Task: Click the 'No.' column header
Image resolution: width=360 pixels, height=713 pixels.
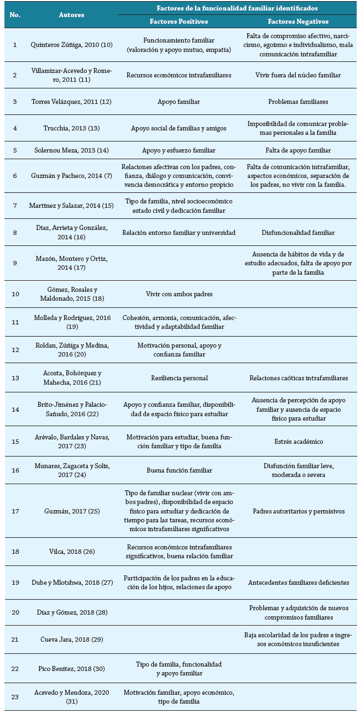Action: pyautogui.click(x=15, y=15)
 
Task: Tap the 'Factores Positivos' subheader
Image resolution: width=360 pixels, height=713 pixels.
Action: pyautogui.click(x=179, y=21)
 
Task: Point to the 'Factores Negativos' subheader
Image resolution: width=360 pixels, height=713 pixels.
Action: pyautogui.click(x=298, y=21)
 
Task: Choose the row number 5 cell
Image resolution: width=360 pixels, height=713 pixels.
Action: pyautogui.click(x=15, y=150)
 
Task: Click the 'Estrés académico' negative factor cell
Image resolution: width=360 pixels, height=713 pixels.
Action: pyautogui.click(x=298, y=442)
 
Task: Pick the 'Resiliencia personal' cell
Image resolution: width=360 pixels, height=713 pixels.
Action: pyautogui.click(x=179, y=378)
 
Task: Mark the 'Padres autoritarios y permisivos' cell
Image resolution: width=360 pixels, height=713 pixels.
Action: pyautogui.click(x=298, y=511)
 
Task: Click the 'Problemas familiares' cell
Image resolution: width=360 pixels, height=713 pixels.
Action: pyautogui.click(x=298, y=102)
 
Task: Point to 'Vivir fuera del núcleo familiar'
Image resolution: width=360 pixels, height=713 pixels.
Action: pyautogui.click(x=298, y=75)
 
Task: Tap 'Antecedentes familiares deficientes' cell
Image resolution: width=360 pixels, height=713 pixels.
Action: pyautogui.click(x=298, y=583)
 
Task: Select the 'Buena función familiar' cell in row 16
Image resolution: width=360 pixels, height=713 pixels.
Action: pyautogui.click(x=179, y=470)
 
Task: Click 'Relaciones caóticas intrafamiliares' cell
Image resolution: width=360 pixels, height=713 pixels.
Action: pyautogui.click(x=298, y=378)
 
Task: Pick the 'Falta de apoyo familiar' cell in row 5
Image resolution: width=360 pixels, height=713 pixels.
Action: pyautogui.click(x=298, y=150)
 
